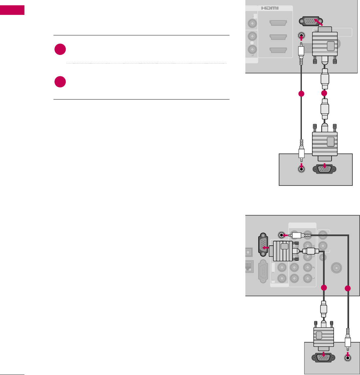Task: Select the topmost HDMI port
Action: (x=277, y=23)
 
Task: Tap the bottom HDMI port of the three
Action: (x=277, y=50)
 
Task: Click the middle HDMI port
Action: (x=277, y=37)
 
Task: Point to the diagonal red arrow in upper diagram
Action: (x=319, y=22)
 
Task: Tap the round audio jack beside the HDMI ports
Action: (x=301, y=35)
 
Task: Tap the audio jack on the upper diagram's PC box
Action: (x=301, y=169)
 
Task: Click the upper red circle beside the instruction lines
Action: (x=60, y=50)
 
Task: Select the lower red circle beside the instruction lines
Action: (x=60, y=82)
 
